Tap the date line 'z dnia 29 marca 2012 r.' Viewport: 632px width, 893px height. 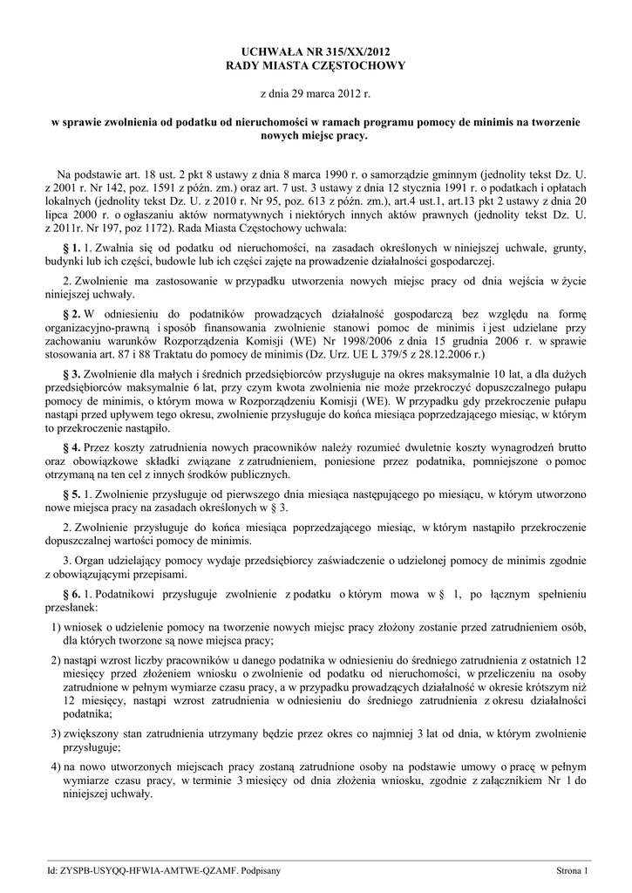tap(316, 92)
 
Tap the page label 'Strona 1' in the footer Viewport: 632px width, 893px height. tap(573, 870)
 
